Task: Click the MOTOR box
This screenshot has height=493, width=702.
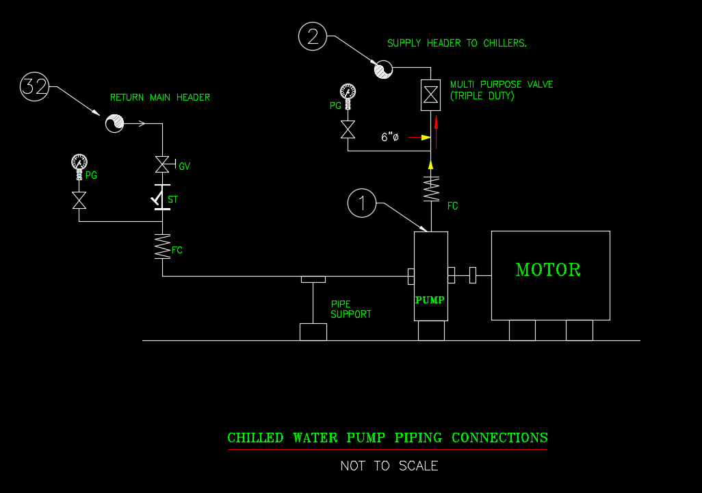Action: tap(550, 275)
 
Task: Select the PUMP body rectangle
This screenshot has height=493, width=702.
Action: tap(430, 276)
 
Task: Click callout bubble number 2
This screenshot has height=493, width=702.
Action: tap(313, 36)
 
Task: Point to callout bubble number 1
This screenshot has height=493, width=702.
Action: tap(362, 203)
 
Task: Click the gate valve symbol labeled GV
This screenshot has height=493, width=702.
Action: tap(162, 164)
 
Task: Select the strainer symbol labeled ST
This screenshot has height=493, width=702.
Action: tap(162, 199)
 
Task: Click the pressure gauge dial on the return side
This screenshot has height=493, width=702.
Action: tap(79, 162)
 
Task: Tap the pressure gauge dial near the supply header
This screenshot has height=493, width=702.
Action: tap(348, 91)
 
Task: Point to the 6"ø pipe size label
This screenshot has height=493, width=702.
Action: tap(389, 137)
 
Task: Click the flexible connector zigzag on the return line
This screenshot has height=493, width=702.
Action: tap(162, 246)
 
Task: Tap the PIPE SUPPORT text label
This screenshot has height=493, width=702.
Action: tap(351, 309)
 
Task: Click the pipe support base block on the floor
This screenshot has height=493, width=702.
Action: tap(313, 332)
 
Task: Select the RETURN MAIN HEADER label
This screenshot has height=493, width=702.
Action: tap(160, 97)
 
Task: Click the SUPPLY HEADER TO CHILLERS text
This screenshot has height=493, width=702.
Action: tap(457, 43)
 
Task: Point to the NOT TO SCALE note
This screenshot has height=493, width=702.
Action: tap(389, 466)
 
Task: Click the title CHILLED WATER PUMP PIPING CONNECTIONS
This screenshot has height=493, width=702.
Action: tap(387, 438)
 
